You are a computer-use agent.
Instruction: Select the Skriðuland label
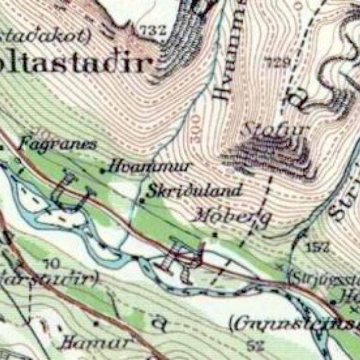[x=187, y=192]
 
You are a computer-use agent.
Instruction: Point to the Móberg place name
[x=226, y=215]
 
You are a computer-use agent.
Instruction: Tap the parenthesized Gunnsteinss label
[x=295, y=324]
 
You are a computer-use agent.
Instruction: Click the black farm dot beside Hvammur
[x=102, y=170]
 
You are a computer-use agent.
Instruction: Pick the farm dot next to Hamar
[x=96, y=324]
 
